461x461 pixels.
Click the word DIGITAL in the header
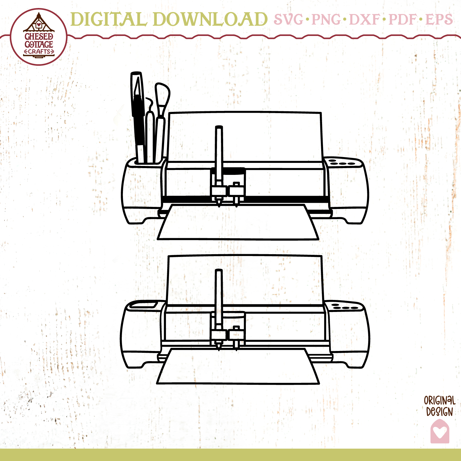coord(108,19)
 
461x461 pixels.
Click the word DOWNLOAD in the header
coord(210,19)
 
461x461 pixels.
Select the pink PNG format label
coord(326,19)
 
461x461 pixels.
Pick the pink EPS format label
coord(439,19)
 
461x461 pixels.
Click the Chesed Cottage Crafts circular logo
coord(39,37)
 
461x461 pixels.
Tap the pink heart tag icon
coord(440,431)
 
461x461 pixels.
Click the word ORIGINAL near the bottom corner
coord(439,400)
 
